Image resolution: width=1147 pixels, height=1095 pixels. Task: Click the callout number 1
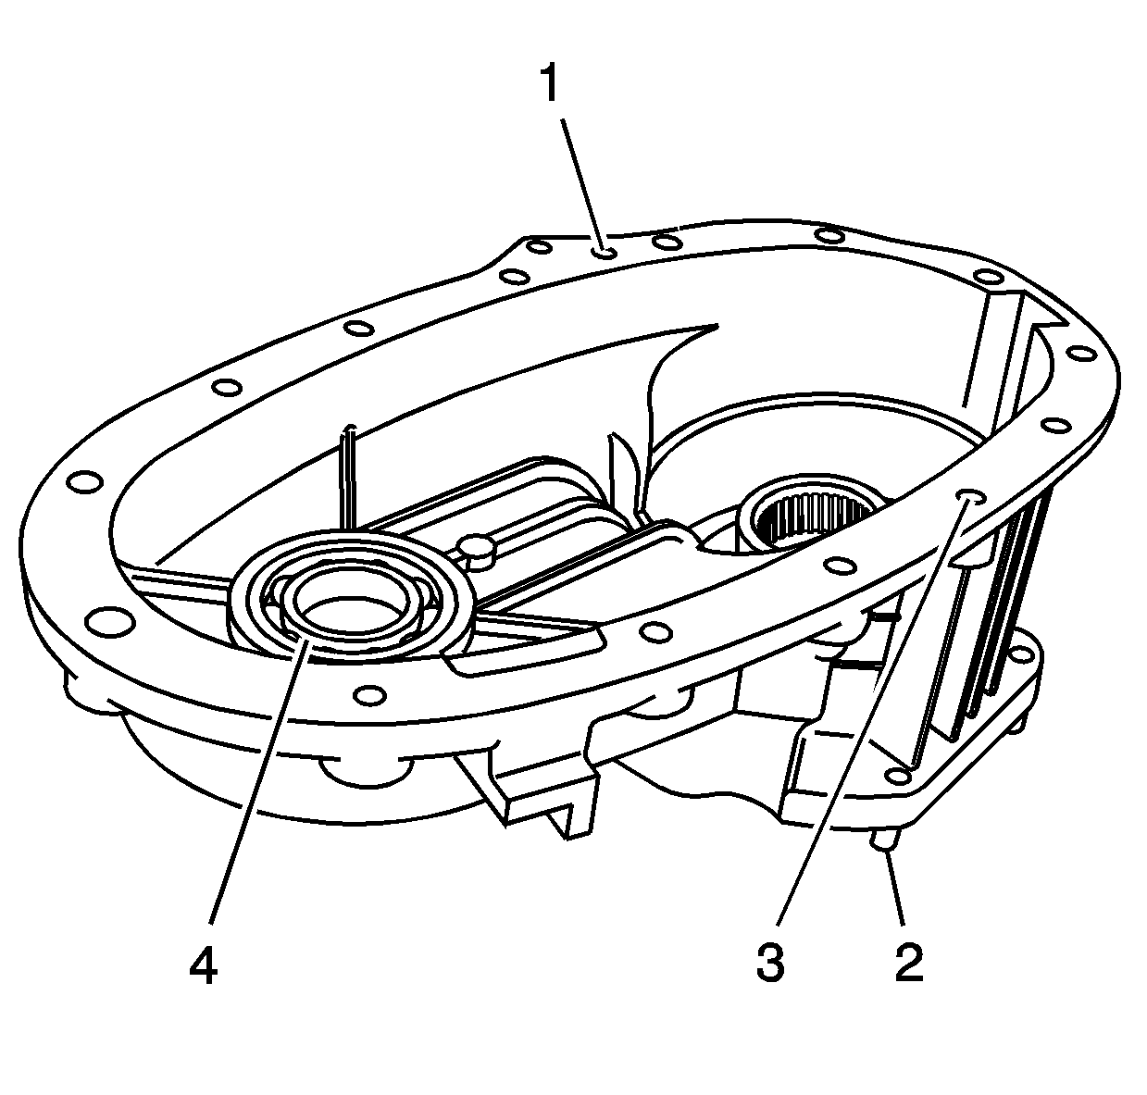[x=549, y=83]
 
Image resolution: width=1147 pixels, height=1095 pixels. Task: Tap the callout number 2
[x=908, y=963]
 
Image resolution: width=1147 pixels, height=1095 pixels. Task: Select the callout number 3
[x=771, y=963]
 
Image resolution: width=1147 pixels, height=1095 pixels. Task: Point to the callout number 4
[x=204, y=964]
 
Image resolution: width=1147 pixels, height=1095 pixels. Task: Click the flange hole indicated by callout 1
[x=605, y=253]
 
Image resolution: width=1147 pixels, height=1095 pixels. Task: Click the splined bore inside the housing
[x=812, y=512]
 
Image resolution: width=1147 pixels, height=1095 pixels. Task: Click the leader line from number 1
[x=583, y=184]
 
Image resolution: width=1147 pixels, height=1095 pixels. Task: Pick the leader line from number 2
[x=893, y=887]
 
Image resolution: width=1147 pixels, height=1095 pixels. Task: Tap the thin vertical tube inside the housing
[x=350, y=478]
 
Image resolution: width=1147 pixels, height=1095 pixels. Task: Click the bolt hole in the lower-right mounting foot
[x=898, y=777]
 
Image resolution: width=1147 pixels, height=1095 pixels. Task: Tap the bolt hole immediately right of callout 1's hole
[x=667, y=241]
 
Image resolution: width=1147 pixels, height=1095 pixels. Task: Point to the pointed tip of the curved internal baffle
[x=717, y=325]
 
